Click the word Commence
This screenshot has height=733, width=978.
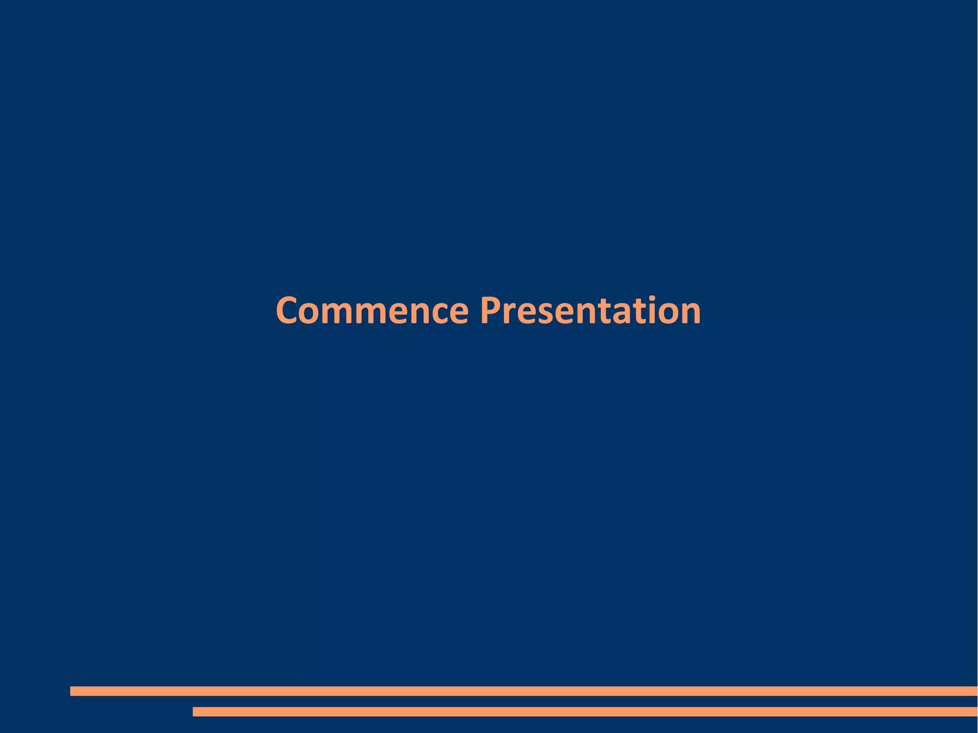[x=372, y=311]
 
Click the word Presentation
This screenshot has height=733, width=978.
[x=590, y=311]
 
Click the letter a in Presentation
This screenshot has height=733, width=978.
[x=620, y=314]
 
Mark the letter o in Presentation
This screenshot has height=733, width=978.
[x=670, y=314]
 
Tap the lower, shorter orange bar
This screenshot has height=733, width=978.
[x=585, y=712]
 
